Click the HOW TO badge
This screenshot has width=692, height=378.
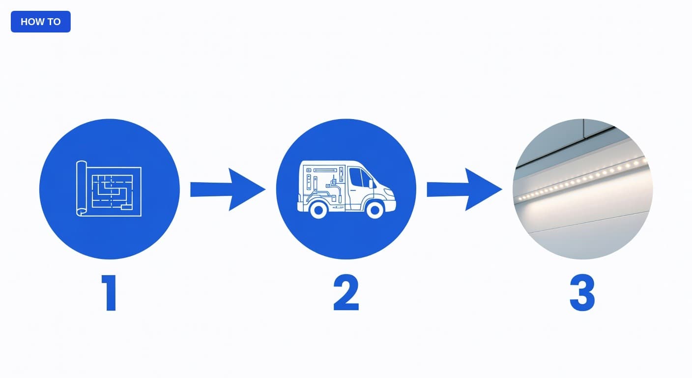(x=40, y=22)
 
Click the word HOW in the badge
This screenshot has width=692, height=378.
(x=30, y=22)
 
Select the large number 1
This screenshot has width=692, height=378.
(x=110, y=293)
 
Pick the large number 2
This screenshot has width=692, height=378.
(x=346, y=292)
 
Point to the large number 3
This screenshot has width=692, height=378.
(x=582, y=292)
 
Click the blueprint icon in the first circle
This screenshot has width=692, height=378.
(x=109, y=189)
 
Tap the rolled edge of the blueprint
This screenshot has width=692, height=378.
(x=81, y=188)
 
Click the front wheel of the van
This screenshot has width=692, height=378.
(x=375, y=210)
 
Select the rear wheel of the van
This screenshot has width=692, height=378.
(x=318, y=210)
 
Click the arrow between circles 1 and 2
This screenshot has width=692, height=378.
(x=228, y=189)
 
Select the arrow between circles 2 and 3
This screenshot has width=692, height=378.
(x=464, y=189)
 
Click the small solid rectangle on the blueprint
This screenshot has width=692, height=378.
(x=126, y=207)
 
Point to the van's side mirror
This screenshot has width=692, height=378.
(x=371, y=184)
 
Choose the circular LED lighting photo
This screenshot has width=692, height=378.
(x=582, y=189)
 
